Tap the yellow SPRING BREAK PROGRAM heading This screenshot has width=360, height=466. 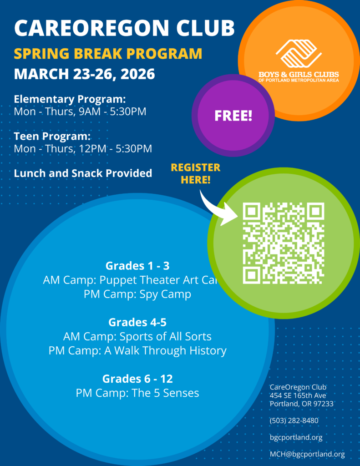[x=108, y=54]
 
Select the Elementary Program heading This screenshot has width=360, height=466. [x=70, y=99]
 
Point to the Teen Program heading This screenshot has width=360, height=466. [x=52, y=136]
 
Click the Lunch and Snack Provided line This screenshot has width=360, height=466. [x=83, y=173]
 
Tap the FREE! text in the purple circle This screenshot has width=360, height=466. [x=233, y=116]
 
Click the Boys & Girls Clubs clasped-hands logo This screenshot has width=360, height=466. [x=299, y=54]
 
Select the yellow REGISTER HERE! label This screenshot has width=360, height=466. [x=195, y=173]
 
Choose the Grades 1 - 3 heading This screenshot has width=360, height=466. [x=137, y=266]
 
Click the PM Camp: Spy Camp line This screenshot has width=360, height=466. [x=137, y=294]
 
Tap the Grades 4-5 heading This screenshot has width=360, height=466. [x=137, y=323]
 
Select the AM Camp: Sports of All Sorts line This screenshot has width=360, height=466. [x=137, y=337]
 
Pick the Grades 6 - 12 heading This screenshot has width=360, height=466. [x=137, y=379]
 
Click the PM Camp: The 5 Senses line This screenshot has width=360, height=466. [x=137, y=393]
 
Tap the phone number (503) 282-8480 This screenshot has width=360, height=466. [x=294, y=420]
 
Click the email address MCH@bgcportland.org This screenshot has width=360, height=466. [x=307, y=454]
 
